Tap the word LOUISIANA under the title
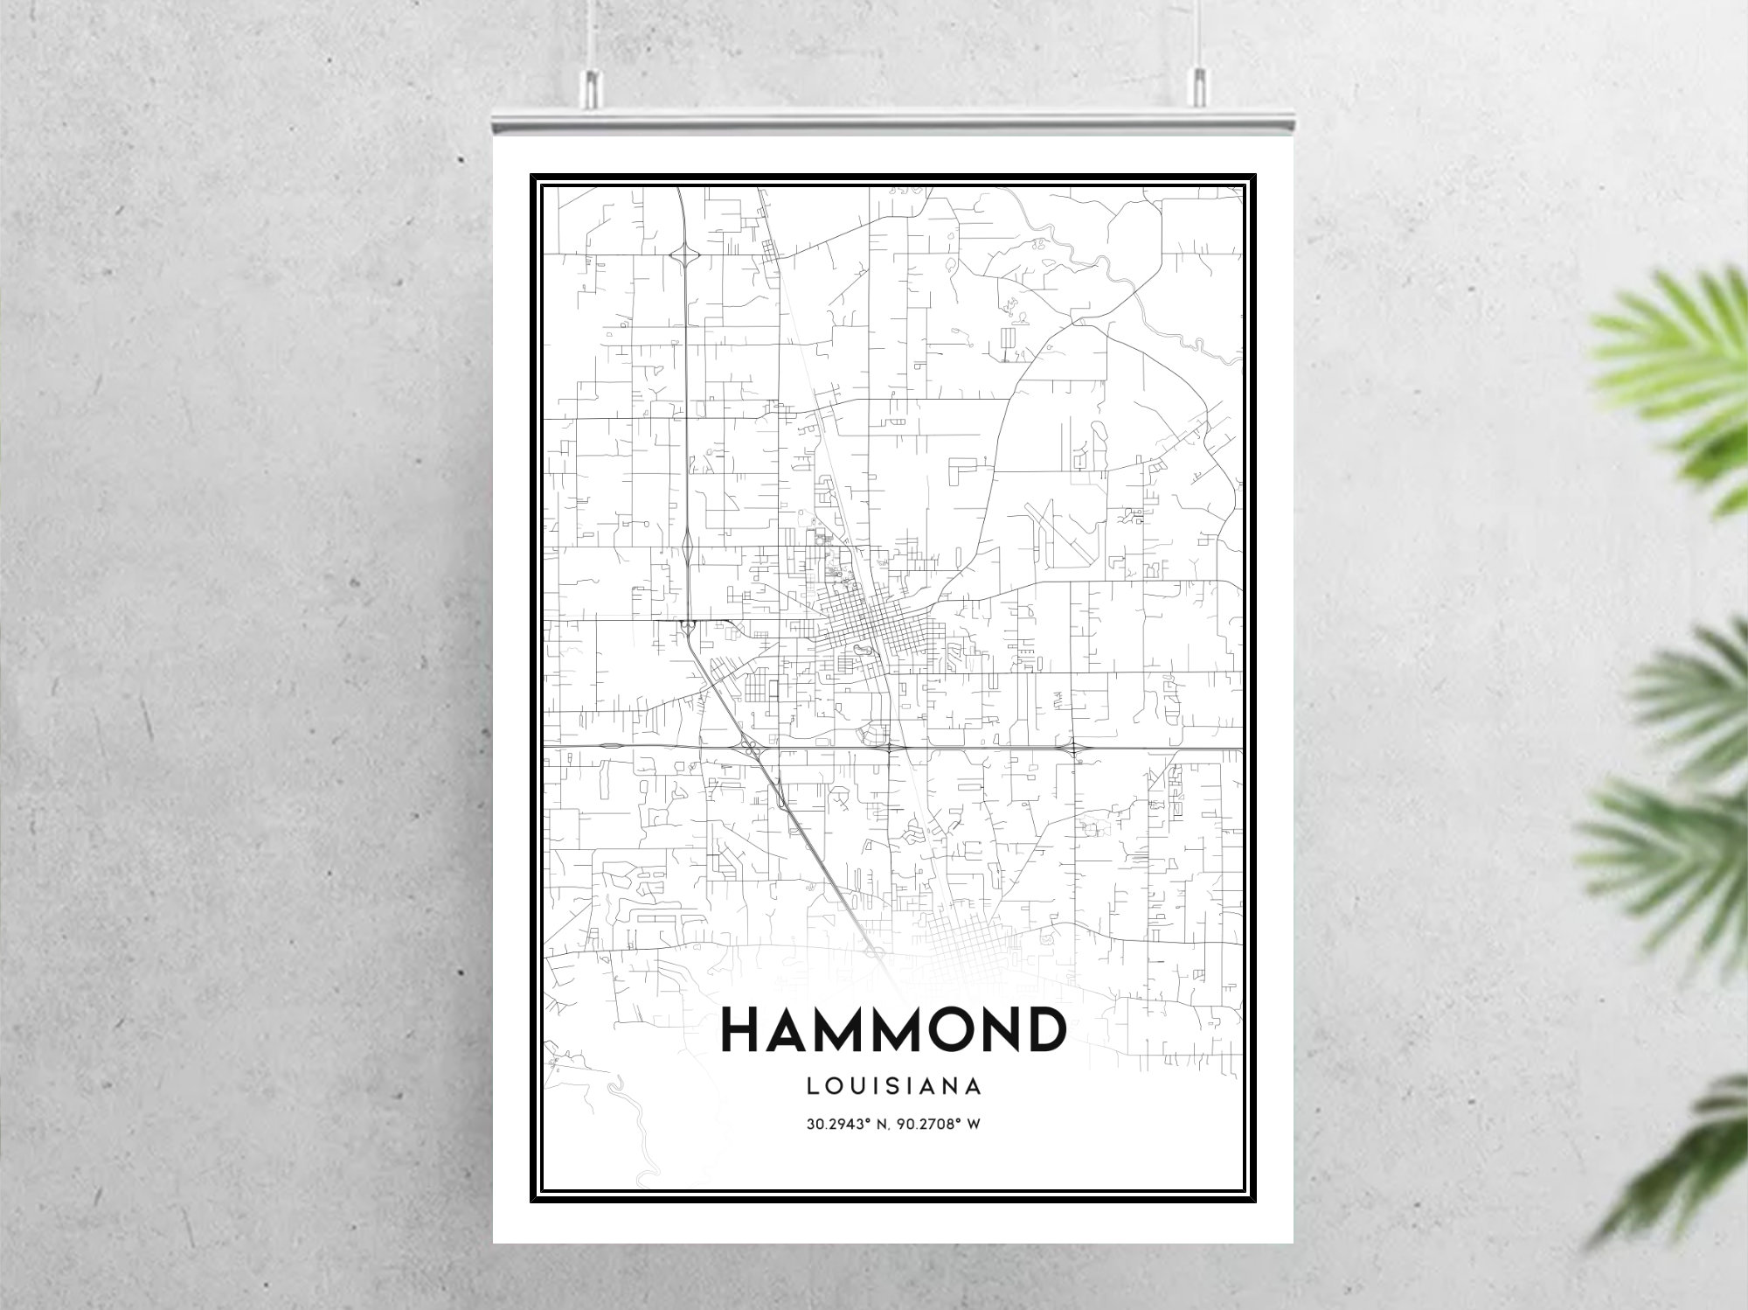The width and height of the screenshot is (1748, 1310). tap(893, 1086)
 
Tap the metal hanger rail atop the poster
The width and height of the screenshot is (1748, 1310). tap(892, 122)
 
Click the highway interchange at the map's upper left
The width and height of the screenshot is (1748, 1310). tap(684, 255)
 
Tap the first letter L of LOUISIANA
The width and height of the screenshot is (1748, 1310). tap(812, 1086)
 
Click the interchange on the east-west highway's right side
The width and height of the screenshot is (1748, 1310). tap(1073, 748)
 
